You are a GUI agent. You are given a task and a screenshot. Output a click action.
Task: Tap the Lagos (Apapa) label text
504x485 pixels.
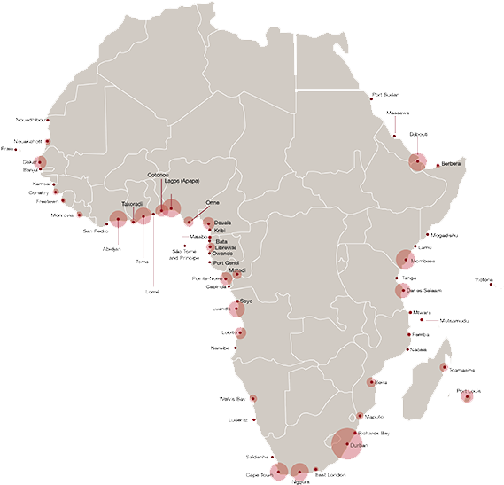click(x=182, y=181)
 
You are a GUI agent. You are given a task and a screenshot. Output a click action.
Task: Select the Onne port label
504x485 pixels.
click(x=212, y=202)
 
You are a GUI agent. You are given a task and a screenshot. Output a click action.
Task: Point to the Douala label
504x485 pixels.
click(x=223, y=223)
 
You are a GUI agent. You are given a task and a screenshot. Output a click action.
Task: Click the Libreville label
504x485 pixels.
click(x=226, y=246)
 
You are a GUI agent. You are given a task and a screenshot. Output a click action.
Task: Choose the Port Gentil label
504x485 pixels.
click(x=228, y=263)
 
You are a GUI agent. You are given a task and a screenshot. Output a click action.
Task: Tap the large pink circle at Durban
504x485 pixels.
click(x=345, y=442)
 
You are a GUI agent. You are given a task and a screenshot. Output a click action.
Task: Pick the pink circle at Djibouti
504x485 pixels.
click(x=416, y=160)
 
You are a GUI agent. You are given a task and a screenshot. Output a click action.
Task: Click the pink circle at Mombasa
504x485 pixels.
click(x=405, y=259)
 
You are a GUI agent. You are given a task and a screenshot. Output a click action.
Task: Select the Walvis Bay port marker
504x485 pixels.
click(x=252, y=399)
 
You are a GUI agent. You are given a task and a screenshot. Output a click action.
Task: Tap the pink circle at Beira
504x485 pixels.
click(x=372, y=382)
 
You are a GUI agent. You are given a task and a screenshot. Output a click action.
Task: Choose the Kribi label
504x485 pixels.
click(x=221, y=231)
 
